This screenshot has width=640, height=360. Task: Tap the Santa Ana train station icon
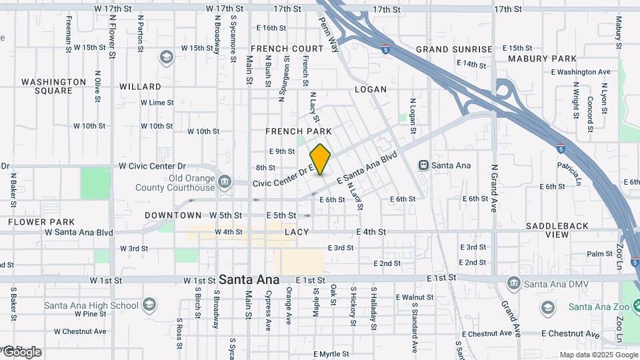pos(423,165)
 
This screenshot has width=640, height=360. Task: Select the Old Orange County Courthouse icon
pos(225,181)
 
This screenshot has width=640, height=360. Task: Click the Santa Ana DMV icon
pos(513,284)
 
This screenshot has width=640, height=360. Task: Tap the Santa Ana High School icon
pos(149,305)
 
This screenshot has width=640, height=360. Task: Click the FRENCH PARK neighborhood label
pos(298,131)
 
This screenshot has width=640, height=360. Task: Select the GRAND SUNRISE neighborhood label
pos(454,49)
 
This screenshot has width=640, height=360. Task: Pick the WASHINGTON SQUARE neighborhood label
pos(53,86)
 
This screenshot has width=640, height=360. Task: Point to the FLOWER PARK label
pos(41,221)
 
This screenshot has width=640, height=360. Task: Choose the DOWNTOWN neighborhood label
pos(173,215)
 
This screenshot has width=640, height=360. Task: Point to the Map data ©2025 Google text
pos(598,355)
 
